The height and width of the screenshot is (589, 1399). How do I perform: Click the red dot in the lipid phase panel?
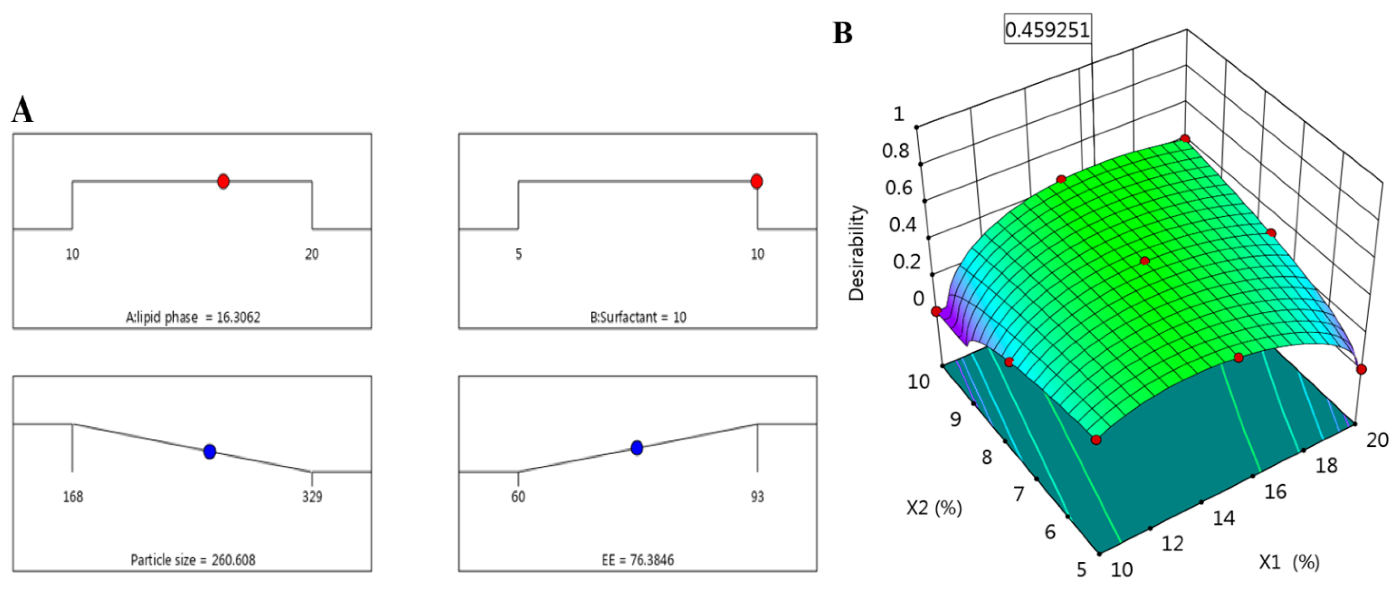223,181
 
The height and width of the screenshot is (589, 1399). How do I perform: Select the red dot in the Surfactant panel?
757,181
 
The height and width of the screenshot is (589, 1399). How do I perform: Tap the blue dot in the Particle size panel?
210,451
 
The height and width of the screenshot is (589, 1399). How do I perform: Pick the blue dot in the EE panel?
637,448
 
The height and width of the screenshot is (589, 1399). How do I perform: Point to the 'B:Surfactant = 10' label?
638,317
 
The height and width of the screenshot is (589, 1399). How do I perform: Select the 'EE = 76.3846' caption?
638,560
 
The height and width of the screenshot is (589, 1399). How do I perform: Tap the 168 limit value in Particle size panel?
73,496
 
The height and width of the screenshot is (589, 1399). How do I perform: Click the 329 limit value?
312,496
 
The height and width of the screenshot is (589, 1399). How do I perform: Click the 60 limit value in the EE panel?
518,496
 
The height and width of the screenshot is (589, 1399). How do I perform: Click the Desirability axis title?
857,252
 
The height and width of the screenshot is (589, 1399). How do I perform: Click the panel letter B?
843,34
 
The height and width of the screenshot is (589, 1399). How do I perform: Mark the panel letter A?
22,110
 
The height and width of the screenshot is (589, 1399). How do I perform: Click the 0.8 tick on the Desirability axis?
895,150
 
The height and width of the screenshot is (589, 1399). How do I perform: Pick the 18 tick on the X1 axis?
1326,465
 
